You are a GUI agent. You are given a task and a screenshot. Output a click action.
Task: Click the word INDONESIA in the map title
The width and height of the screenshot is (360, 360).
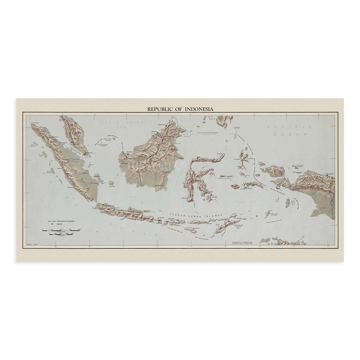click(x=196, y=109)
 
